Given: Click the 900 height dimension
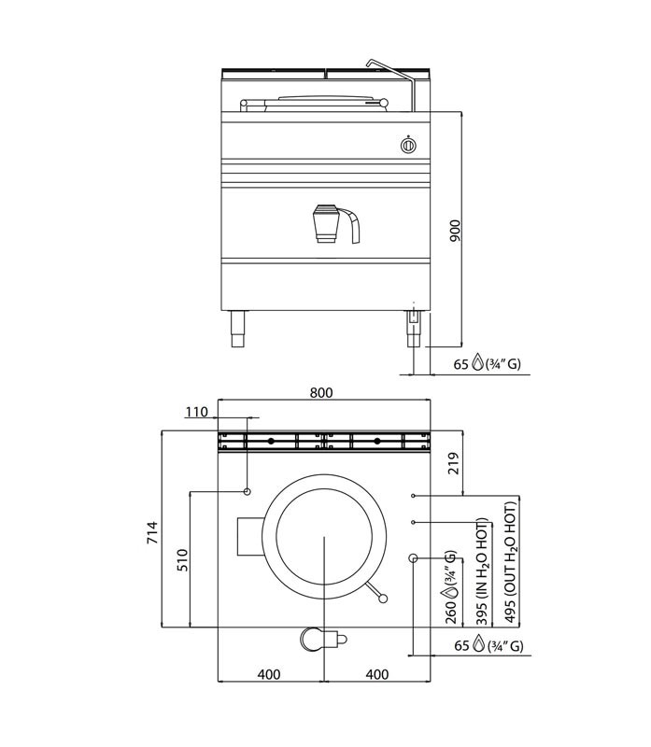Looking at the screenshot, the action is coord(456,231).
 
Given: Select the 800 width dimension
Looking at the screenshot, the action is coord(321,392).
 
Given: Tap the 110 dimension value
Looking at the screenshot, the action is coord(197,412).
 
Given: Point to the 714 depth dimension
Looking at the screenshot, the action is coord(152,532).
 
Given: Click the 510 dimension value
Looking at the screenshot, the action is coord(183,560).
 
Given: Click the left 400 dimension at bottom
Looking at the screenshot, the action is coord(269,674).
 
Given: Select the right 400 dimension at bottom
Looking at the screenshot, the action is coord(377,674).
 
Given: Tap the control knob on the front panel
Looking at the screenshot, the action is coord(408,146).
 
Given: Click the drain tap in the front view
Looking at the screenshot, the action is coord(335,224).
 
